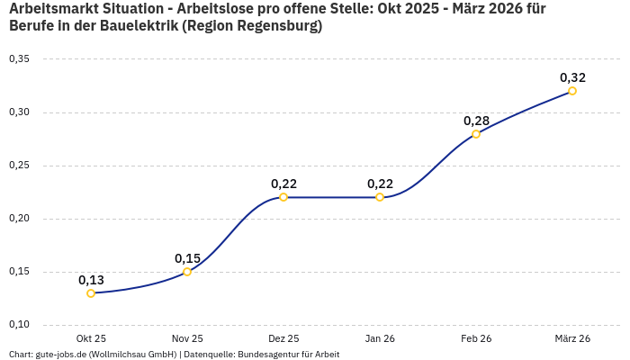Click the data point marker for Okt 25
click(91, 293)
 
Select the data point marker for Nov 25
click(187, 272)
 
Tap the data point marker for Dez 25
click(283, 197)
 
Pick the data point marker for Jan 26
click(380, 197)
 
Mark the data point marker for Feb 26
click(476, 134)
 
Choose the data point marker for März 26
click(572, 91)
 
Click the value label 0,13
click(91, 280)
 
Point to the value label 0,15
click(187, 258)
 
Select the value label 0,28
click(476, 121)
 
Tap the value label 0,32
click(572, 77)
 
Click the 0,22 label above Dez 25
click(283, 184)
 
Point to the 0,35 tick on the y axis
click(19, 59)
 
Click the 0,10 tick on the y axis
click(19, 325)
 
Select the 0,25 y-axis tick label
click(19, 166)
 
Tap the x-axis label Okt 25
click(91, 338)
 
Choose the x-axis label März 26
click(572, 338)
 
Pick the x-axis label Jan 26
click(380, 338)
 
